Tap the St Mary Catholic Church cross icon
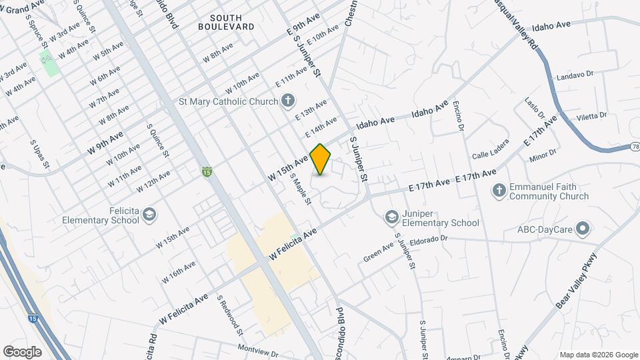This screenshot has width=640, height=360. [x=288, y=101]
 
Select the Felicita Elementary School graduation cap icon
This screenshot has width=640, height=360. [x=150, y=214]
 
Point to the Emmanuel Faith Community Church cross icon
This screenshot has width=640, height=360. [x=498, y=191]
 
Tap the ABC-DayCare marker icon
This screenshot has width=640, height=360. [x=583, y=230]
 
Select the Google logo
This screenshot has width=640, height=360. [x=22, y=351]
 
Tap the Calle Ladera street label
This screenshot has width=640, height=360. [x=490, y=149]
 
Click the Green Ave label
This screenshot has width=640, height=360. [x=378, y=254]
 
